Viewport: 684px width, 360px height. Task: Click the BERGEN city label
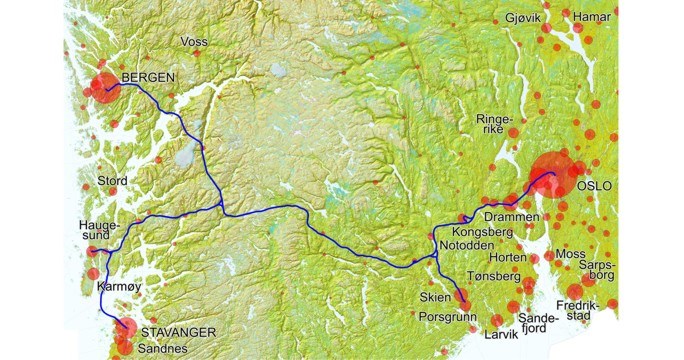pos(148,78)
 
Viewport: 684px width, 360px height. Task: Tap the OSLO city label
pos(594,186)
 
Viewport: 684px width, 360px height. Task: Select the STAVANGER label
pos(178,331)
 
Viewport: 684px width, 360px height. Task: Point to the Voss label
pos(195,42)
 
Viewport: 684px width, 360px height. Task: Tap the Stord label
pos(110,181)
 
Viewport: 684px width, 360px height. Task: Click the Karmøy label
pos(115,287)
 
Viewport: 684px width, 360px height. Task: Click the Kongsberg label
pos(481,232)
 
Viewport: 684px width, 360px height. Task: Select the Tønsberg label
pos(494,275)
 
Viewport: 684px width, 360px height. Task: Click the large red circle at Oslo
pos(552,174)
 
